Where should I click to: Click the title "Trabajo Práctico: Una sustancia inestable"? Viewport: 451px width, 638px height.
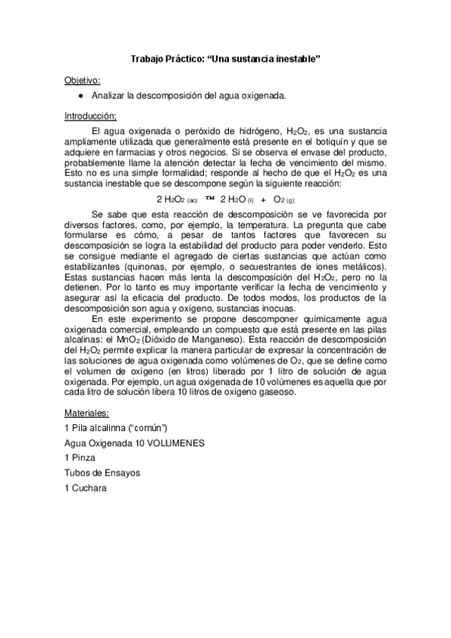point(225,59)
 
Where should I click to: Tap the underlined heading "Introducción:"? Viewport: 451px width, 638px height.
point(90,116)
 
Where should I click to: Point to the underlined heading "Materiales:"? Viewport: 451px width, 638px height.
point(87,412)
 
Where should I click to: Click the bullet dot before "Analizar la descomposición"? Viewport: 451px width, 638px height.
point(81,97)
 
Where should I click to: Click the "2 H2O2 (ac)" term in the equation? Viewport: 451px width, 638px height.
point(177,199)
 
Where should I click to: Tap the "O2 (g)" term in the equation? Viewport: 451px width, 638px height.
point(284,199)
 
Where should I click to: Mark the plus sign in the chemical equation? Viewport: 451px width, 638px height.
point(264,199)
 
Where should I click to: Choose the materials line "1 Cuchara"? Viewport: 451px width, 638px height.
point(86,488)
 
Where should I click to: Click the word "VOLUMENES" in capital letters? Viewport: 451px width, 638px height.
point(169,443)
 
